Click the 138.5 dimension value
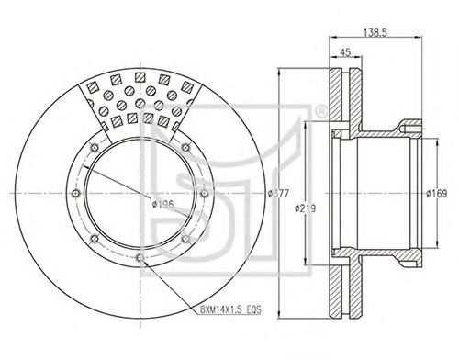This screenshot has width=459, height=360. click(375, 32)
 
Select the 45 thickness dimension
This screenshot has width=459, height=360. click(345, 52)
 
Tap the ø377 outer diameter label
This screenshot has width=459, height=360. click(278, 194)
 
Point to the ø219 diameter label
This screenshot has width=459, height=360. click(305, 208)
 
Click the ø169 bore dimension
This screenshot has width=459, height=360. click(437, 194)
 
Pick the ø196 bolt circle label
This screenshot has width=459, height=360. click(163, 204)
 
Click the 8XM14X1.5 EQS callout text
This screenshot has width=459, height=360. click(231, 309)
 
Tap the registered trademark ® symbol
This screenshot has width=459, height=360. click(320, 112)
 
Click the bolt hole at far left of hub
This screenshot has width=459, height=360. click(75, 194)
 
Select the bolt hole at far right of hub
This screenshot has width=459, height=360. click(204, 194)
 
